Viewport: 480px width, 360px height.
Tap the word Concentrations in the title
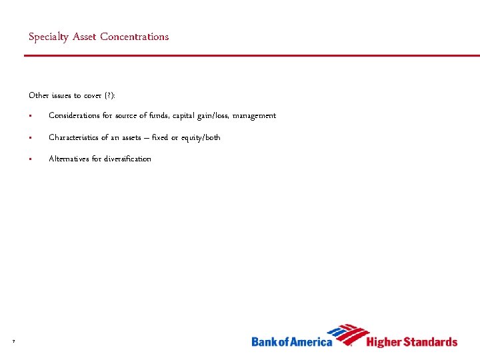point(135,37)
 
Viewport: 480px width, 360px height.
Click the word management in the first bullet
point(257,116)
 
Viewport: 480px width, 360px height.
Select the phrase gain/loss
point(211,116)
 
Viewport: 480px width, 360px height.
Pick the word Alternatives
point(68,159)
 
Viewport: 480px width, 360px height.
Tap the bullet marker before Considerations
point(31,117)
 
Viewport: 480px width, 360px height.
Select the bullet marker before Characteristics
point(31,138)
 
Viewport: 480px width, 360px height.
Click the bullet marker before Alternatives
point(31,159)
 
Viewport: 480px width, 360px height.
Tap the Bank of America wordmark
point(291,342)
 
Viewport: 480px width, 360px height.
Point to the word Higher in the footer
point(385,342)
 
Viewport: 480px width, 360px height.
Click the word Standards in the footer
point(431,342)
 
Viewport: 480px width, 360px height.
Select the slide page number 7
point(13,342)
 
